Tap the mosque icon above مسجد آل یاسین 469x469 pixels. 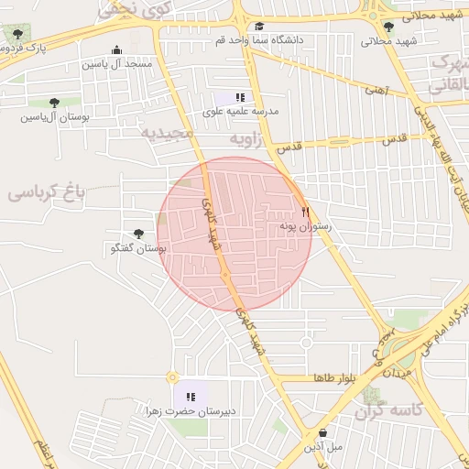click(115, 50)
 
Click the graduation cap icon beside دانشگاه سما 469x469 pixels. click(259, 27)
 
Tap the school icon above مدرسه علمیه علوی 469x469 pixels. click(240, 97)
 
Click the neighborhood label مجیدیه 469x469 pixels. click(167, 133)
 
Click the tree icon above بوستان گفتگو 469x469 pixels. click(138, 234)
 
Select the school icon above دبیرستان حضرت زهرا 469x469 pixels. click(191, 397)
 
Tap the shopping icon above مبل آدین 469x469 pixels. click(322, 432)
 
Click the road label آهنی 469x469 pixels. click(376, 90)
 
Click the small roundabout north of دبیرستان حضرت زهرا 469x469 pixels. click(171, 376)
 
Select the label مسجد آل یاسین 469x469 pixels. click(116, 65)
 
